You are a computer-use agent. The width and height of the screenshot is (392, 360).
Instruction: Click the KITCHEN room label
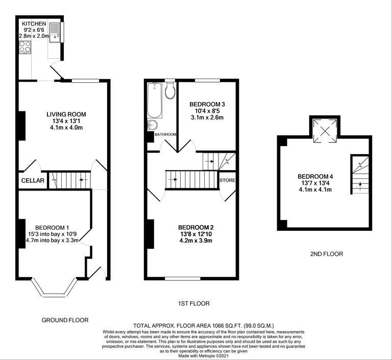click(34, 24)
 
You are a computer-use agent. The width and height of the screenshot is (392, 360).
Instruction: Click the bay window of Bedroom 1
click(53, 292)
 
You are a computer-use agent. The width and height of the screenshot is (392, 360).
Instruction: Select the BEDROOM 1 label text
click(52, 227)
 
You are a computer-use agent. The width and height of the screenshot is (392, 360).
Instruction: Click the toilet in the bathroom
click(170, 90)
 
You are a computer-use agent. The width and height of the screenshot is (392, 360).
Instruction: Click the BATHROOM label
click(166, 134)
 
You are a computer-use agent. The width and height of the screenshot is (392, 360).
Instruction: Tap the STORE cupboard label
click(227, 180)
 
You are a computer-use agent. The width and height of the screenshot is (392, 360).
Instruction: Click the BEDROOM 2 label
click(195, 227)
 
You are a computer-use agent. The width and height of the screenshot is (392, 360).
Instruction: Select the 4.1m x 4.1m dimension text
click(315, 190)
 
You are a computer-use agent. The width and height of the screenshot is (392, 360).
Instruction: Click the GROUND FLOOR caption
click(65, 320)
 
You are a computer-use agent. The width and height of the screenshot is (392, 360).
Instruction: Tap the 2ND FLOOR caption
click(326, 253)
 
